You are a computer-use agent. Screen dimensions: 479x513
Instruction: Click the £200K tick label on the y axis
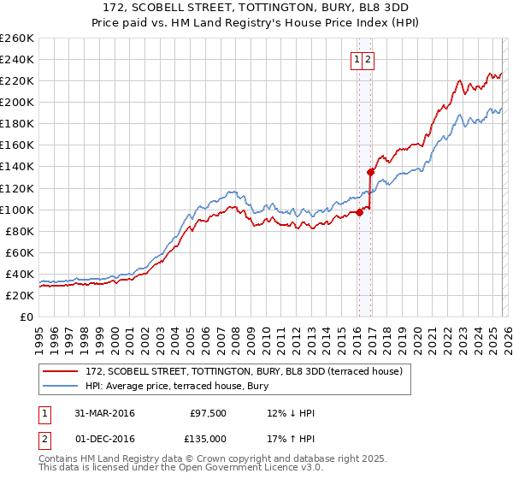click(x=16, y=102)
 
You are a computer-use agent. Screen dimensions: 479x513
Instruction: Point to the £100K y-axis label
click(x=16, y=210)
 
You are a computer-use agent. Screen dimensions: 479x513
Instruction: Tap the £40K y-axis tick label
click(x=19, y=274)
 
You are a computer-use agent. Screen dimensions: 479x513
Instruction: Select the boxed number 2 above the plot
click(x=367, y=60)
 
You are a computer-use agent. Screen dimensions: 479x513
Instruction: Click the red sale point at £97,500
click(x=360, y=213)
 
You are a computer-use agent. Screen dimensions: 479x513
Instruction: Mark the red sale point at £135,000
click(x=370, y=172)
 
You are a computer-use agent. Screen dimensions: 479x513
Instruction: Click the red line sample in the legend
click(x=61, y=370)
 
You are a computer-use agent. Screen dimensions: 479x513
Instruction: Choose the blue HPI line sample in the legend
click(x=61, y=386)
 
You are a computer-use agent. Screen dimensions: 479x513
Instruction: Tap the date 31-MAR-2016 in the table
click(x=104, y=413)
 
